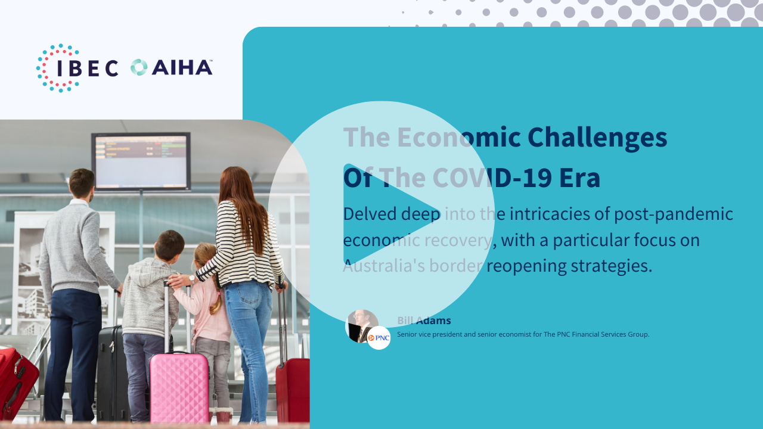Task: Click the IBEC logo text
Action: tap(88, 68)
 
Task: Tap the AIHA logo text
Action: tap(182, 67)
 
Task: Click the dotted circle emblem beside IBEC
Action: tap(57, 68)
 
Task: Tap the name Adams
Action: tap(433, 321)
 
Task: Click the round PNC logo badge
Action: tap(379, 338)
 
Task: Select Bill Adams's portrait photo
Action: tap(361, 325)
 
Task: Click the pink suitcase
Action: tap(179, 387)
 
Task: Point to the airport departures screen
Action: tap(141, 161)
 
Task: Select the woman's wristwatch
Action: tap(192, 279)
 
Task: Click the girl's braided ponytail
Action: tap(216, 300)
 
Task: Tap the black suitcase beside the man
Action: tap(111, 373)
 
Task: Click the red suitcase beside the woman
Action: tap(293, 390)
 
